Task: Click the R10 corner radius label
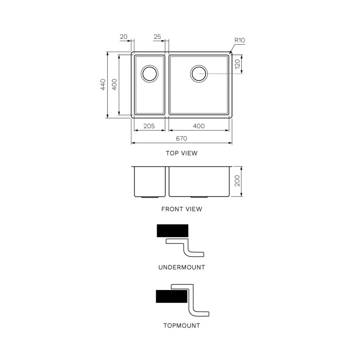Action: (239, 40)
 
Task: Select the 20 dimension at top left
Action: (123, 37)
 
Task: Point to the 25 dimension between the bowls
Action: (157, 37)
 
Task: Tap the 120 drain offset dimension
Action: (237, 64)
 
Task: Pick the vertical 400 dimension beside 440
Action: (114, 85)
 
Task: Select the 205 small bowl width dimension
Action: (149, 126)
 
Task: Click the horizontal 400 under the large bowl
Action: (199, 126)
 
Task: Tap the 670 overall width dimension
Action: (181, 139)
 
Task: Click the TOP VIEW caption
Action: (182, 153)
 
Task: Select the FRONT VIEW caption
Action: (182, 209)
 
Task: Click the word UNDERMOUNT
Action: (182, 267)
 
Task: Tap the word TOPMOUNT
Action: (182, 326)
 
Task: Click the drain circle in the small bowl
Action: (150, 73)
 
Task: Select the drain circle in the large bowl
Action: (199, 73)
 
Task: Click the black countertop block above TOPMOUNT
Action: (172, 296)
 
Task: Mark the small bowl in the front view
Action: (149, 181)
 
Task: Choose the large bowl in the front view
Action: (199, 181)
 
